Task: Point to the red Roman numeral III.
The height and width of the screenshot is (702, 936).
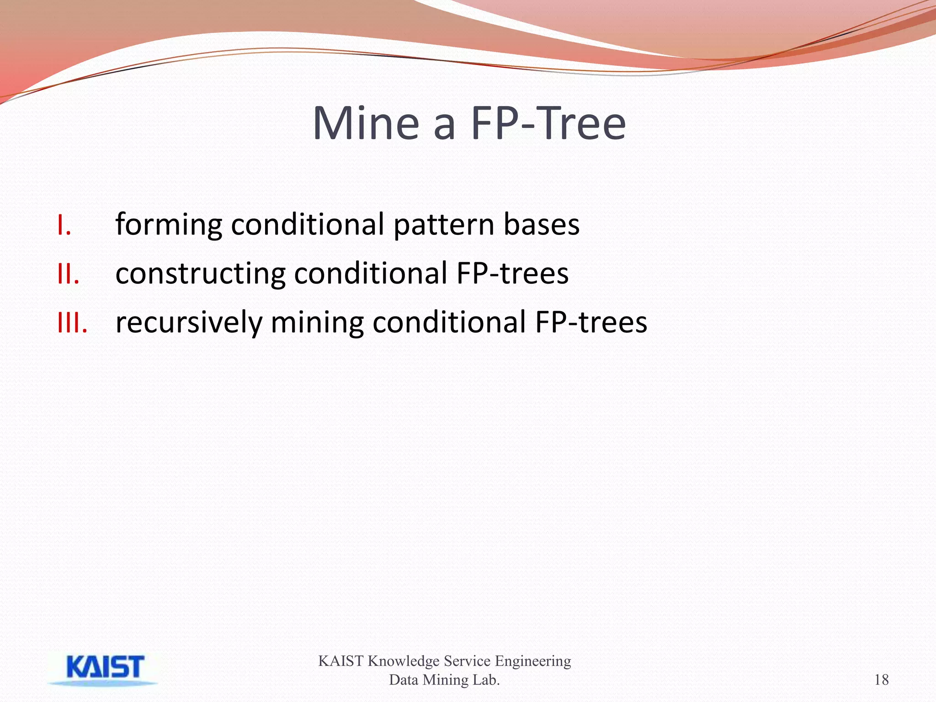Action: click(72, 323)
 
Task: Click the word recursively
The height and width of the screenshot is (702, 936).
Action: click(189, 323)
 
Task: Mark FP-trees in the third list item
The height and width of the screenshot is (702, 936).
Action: click(591, 323)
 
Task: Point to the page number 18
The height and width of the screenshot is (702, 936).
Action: click(881, 680)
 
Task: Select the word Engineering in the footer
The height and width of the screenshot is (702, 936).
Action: click(533, 661)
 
